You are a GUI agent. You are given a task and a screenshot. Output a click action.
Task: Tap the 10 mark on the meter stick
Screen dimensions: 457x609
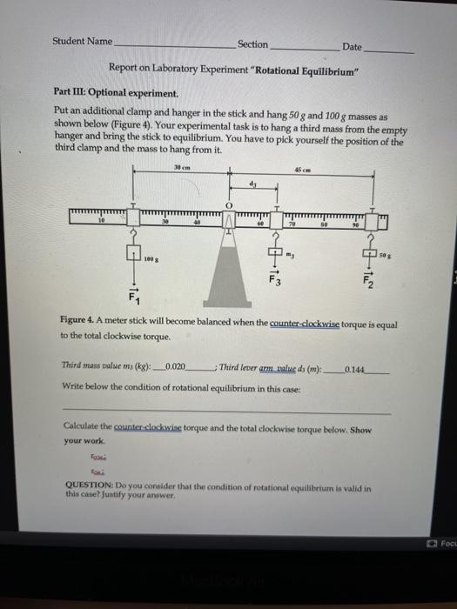pyautogui.click(x=102, y=223)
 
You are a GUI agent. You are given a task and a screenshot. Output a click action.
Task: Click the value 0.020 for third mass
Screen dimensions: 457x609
pyautogui.click(x=176, y=368)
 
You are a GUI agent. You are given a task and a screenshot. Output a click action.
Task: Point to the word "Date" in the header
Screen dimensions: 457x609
pyautogui.click(x=353, y=45)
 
